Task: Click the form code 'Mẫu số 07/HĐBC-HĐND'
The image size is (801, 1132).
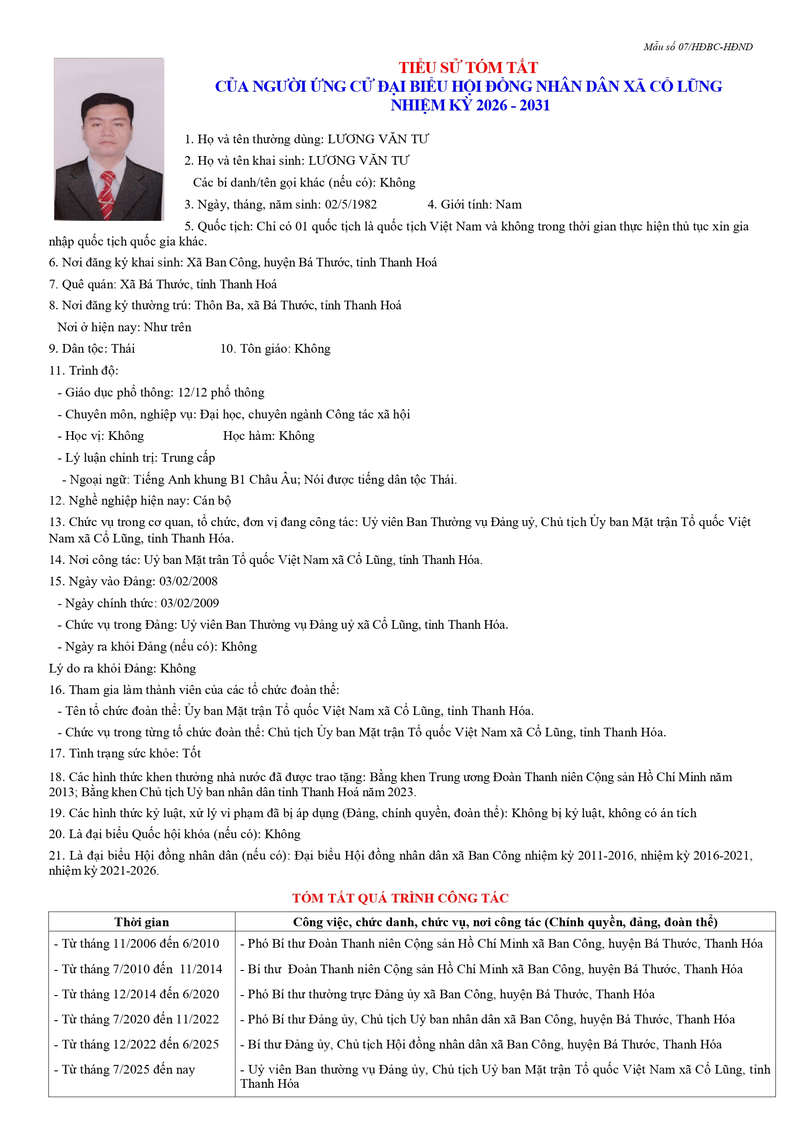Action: tap(697, 47)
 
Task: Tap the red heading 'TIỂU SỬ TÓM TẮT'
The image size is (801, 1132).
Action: tap(468, 68)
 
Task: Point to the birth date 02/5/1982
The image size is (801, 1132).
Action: tap(351, 204)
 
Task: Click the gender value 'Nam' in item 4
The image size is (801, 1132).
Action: tap(508, 204)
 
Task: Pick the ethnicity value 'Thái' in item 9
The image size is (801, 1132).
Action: tap(123, 349)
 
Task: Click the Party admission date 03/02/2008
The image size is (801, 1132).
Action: tap(188, 581)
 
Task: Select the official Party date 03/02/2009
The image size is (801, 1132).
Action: tap(189, 603)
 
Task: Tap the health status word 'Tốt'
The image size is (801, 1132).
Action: tap(191, 753)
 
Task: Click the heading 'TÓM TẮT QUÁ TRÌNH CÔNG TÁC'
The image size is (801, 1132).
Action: tap(400, 898)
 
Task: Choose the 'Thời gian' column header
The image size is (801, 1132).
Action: tap(141, 923)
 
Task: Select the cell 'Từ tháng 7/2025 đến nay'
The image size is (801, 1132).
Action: tap(128, 1070)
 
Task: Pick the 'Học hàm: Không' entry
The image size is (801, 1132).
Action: tap(268, 436)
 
